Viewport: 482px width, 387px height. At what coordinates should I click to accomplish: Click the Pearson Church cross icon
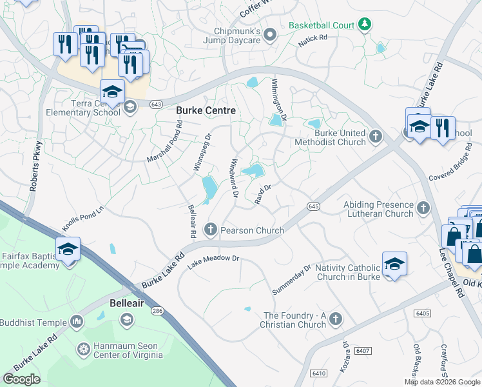[x=211, y=229]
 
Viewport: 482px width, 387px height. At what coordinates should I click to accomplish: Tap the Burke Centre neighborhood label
[x=206, y=111]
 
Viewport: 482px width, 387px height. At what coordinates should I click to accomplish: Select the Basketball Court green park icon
[x=365, y=25]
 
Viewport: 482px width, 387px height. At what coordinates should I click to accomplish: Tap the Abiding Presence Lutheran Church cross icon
[x=423, y=208]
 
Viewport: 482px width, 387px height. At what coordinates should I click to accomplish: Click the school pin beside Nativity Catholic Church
[x=394, y=264]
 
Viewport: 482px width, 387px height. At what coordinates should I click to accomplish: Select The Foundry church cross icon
[x=335, y=319]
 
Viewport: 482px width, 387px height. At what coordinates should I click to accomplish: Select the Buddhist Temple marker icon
[x=77, y=321]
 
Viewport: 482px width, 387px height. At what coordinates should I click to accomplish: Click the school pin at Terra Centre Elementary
[x=112, y=92]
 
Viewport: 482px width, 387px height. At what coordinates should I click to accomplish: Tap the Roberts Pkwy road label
[x=35, y=166]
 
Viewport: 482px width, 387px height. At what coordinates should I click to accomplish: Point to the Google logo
[x=21, y=379]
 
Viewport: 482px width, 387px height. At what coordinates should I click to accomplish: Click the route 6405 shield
[x=423, y=313]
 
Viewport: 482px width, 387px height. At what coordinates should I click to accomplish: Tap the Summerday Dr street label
[x=291, y=279]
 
